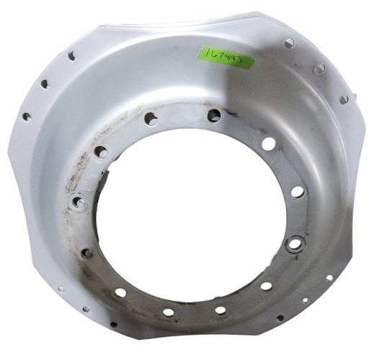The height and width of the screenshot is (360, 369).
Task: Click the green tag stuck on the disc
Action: click(x=225, y=56)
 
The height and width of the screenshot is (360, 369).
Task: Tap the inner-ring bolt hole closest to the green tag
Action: click(x=214, y=115)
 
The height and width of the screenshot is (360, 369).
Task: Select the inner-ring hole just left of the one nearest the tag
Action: click(x=151, y=119)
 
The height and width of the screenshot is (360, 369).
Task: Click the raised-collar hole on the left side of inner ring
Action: click(x=79, y=202)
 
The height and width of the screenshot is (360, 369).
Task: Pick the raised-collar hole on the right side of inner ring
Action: click(x=294, y=244)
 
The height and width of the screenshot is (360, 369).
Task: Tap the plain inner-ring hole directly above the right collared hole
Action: click(x=297, y=192)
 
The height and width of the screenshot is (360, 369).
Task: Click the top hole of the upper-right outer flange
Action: click(x=289, y=44)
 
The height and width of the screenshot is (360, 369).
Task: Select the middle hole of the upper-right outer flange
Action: click(x=319, y=68)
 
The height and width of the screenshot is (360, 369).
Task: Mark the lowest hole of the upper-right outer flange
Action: click(x=344, y=99)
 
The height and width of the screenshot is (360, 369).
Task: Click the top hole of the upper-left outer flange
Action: click(x=71, y=55)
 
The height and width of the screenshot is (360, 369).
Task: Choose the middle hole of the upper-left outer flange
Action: click(x=45, y=84)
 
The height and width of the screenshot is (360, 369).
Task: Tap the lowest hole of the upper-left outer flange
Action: click(x=27, y=117)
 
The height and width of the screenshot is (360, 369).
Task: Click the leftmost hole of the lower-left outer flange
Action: click(x=60, y=289)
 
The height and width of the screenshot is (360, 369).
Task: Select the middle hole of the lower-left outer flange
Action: click(x=86, y=309)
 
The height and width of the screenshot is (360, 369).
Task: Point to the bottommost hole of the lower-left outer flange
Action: click(x=113, y=324)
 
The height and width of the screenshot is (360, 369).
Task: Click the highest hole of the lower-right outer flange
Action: click(x=329, y=277)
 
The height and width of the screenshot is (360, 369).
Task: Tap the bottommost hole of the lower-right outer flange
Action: click(x=280, y=318)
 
